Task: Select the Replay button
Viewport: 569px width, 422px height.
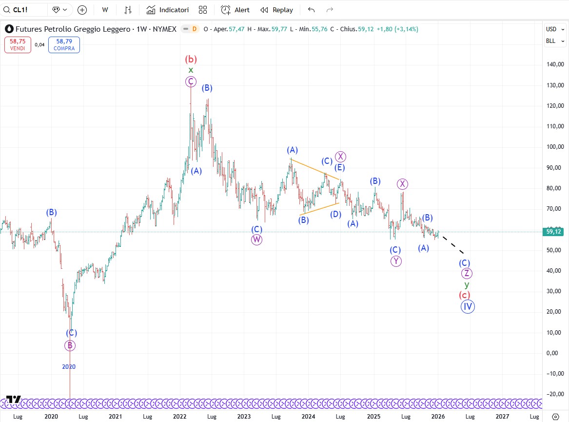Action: [x=276, y=10]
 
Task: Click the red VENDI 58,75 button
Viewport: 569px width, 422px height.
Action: [x=18, y=45]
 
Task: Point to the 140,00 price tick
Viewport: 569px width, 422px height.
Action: [x=554, y=64]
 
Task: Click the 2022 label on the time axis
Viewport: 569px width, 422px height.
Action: [x=180, y=417]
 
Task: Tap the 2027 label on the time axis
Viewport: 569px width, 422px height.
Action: [x=502, y=417]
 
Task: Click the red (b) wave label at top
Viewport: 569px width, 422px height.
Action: [x=191, y=60]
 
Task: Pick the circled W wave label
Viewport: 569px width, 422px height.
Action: [x=257, y=240]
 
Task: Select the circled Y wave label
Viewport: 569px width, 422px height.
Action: [x=396, y=261]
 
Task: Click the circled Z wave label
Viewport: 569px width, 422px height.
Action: [x=467, y=273]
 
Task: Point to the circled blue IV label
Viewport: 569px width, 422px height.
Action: [x=468, y=306]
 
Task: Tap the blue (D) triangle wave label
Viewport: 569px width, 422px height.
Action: [x=335, y=214]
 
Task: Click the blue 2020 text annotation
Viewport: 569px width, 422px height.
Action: [x=69, y=366]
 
